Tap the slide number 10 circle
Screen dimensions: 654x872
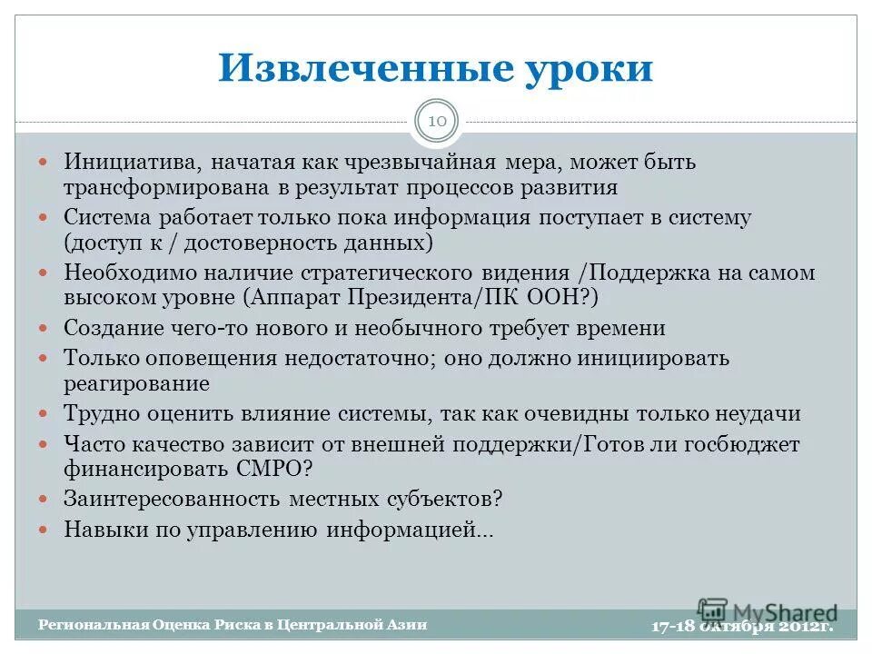(x=437, y=122)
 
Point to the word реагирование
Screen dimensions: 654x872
(x=136, y=383)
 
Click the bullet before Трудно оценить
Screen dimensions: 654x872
(x=47, y=414)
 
